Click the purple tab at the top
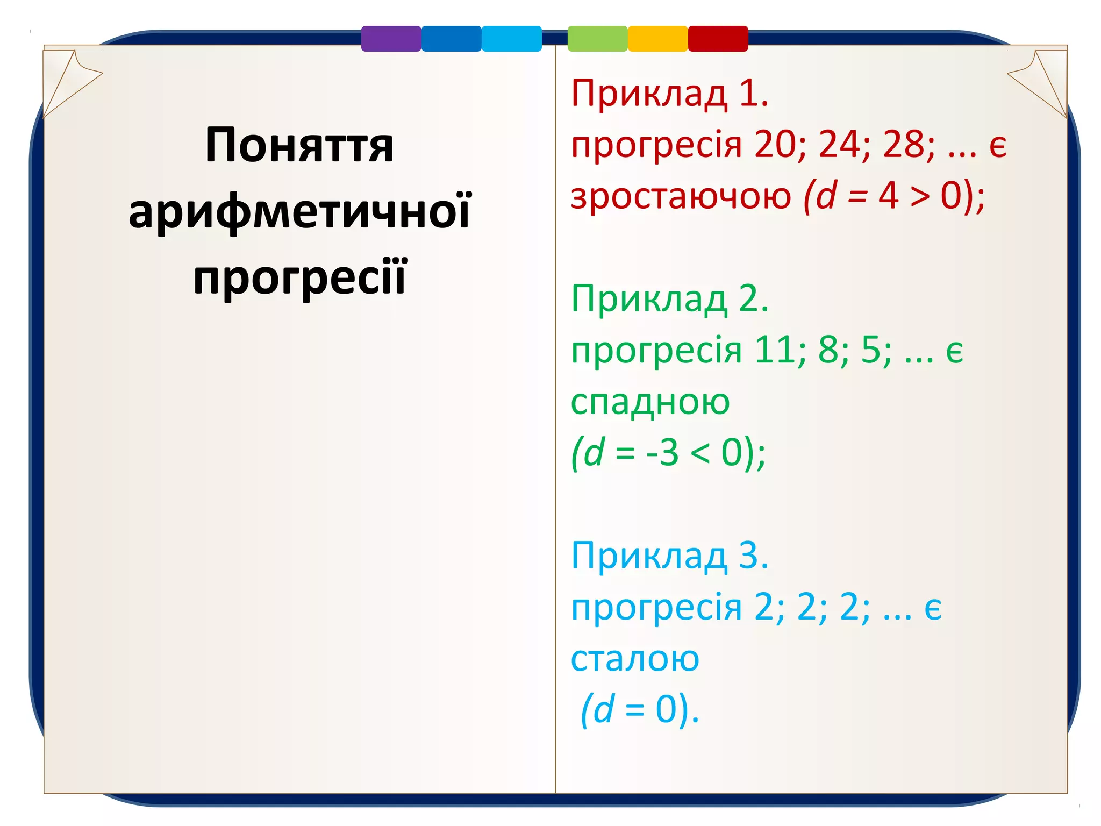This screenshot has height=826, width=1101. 391,39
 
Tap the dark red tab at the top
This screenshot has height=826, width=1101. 718,39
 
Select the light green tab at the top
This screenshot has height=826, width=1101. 597,39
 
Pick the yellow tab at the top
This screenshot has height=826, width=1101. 657,39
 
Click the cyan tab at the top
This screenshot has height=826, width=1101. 511,39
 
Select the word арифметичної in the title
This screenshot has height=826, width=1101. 299,211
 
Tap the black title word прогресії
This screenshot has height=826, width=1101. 299,277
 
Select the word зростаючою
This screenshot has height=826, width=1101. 681,196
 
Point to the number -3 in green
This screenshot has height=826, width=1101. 663,452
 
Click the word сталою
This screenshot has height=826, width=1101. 635,658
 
